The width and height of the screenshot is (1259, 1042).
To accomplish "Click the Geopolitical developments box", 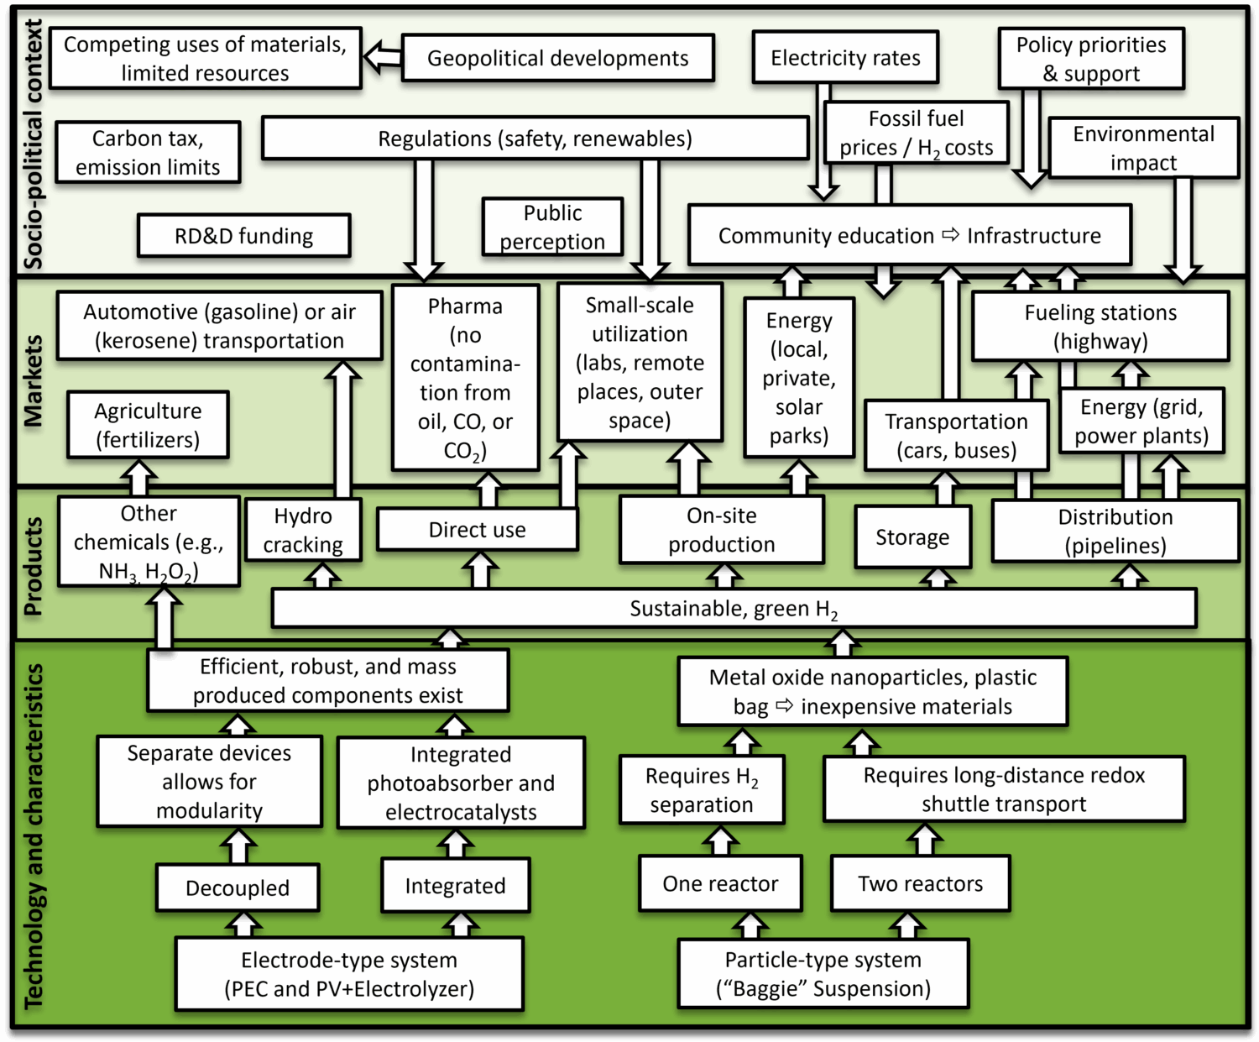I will click(x=557, y=58).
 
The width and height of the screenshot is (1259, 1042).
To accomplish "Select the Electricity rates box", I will click(x=845, y=58).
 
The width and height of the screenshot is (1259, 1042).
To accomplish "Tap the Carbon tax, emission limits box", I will click(x=148, y=153).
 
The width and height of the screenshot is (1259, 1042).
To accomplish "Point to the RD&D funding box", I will click(x=243, y=236).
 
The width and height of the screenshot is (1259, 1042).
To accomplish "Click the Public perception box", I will click(x=552, y=227).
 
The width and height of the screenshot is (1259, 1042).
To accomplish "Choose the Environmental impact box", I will click(x=1143, y=148).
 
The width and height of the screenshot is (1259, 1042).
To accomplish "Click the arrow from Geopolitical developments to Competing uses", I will click(x=383, y=57).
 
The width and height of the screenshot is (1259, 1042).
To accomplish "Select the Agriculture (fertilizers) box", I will click(x=148, y=425).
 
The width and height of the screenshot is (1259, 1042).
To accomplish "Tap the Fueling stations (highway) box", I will click(x=1100, y=327).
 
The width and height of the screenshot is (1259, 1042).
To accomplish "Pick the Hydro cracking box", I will click(x=303, y=530).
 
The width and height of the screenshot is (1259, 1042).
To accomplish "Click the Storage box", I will click(x=912, y=537).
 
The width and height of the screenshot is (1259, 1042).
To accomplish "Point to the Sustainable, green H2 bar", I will click(x=734, y=609).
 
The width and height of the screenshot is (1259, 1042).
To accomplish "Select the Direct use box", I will click(x=477, y=530).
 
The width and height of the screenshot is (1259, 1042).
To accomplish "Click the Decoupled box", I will click(x=238, y=888).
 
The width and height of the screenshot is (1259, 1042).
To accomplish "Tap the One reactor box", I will click(x=720, y=883).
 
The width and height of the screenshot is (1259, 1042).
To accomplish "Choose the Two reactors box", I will click(x=920, y=883).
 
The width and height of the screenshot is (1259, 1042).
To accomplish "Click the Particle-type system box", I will click(x=823, y=974).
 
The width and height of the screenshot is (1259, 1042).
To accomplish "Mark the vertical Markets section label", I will click(x=33, y=381).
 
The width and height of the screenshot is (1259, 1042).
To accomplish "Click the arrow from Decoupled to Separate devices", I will click(x=238, y=846).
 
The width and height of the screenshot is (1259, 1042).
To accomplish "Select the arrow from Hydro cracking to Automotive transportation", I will click(x=342, y=430).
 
